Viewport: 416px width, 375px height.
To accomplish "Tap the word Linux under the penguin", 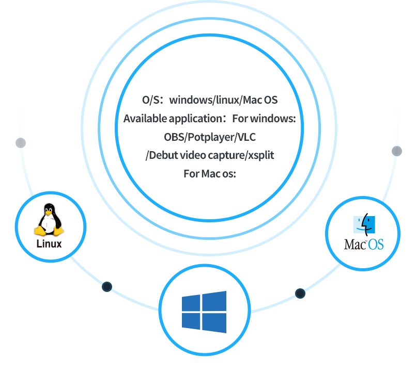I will point(49,244).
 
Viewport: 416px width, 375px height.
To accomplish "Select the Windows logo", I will point(204,312).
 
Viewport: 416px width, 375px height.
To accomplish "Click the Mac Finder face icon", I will point(364,224).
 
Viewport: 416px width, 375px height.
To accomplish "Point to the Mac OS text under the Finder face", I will point(364,244).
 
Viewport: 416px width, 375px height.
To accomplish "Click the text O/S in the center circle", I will point(152,100).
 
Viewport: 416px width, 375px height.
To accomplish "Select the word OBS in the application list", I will point(174,137).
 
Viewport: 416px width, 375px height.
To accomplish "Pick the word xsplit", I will point(260,155).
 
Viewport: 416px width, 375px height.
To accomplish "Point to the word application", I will point(194,119).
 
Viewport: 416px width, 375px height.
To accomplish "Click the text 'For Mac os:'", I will point(210,173).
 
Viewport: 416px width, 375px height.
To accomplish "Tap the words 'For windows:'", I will point(264,119).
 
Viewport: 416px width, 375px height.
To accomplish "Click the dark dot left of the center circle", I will point(21,142).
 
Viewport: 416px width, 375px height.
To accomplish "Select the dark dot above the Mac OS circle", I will point(396,151).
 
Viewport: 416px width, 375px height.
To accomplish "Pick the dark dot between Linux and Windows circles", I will point(107,287).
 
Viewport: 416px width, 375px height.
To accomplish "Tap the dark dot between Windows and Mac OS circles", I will point(300,294).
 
